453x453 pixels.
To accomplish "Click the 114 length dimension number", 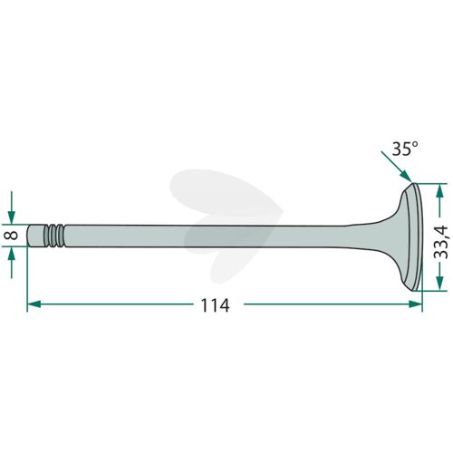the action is coord(215,305).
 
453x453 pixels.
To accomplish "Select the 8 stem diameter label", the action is coord(13,236).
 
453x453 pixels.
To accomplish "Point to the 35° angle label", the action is coord(405,149).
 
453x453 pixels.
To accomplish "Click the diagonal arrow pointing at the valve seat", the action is coord(397,167).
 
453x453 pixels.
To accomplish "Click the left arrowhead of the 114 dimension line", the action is coord(34,304).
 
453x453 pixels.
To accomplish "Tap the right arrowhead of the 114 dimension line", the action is coord(415,304).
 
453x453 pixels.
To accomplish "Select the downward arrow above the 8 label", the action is coord(12,207).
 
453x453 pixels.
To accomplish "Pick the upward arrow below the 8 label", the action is coord(12,262).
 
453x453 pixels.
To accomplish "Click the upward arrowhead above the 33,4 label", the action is coord(440,191).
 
